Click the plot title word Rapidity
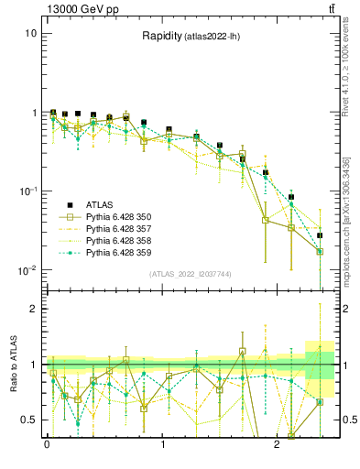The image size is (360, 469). tap(161, 37)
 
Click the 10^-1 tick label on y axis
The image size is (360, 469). tap(27, 191)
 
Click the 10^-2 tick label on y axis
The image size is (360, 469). tap(27, 270)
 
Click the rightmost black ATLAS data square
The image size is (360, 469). tap(320, 235)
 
